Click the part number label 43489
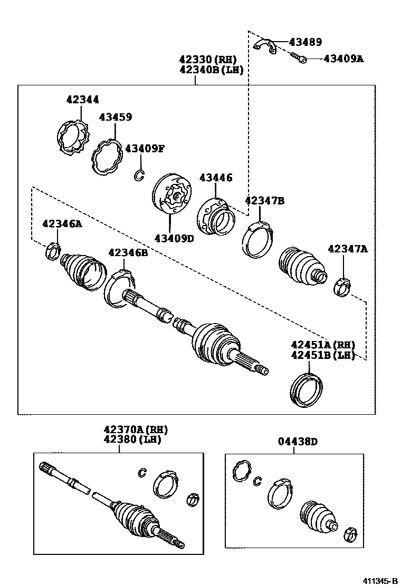pyautogui.click(x=304, y=42)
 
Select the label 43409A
pyautogui.click(x=343, y=59)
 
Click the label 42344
pyautogui.click(x=82, y=100)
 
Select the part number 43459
pyautogui.click(x=115, y=117)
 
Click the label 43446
pyautogui.click(x=215, y=178)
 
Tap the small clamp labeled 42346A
pyautogui.click(x=53, y=250)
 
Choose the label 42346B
pyautogui.click(x=128, y=253)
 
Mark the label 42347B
pyautogui.click(x=264, y=200)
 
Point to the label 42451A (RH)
pyautogui.click(x=322, y=345)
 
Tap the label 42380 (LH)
pyautogui.click(x=132, y=439)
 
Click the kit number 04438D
pyautogui.click(x=299, y=442)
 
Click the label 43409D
pyautogui.click(x=174, y=238)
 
